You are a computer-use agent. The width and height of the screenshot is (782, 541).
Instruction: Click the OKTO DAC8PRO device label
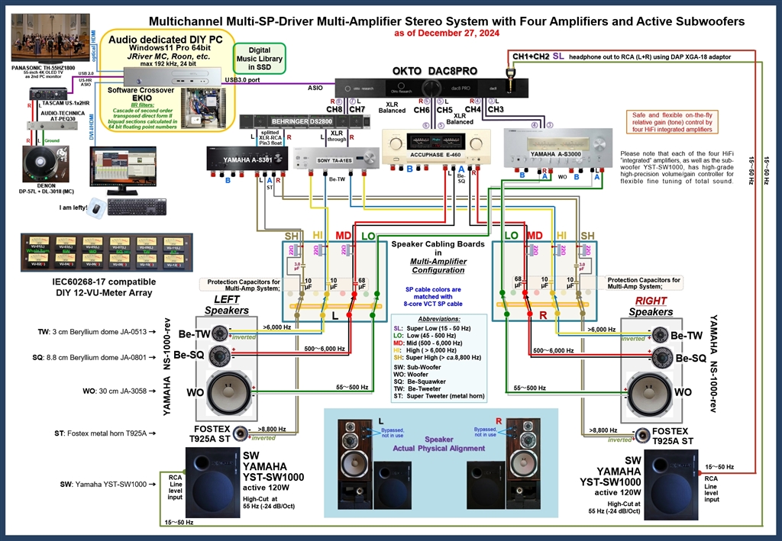tap(435, 70)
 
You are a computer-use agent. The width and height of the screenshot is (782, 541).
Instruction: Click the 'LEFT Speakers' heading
tap(226, 306)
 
